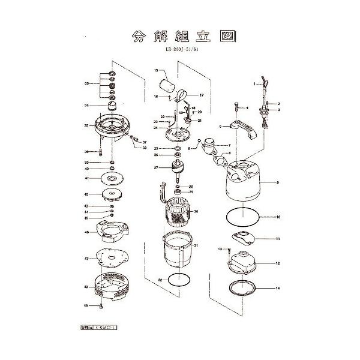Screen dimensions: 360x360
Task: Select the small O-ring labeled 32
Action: point(178,280)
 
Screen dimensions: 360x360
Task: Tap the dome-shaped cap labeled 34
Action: point(112,106)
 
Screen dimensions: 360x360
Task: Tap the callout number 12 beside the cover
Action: point(278,263)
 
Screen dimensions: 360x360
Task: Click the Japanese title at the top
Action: point(179,35)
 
